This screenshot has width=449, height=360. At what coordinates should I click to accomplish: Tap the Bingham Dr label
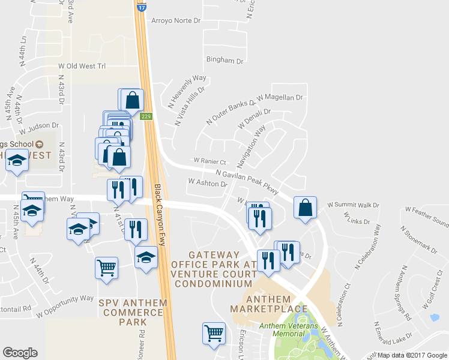click(224, 61)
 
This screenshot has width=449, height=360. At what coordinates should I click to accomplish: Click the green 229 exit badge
click(146, 116)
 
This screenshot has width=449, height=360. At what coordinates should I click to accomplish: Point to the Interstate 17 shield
click(141, 8)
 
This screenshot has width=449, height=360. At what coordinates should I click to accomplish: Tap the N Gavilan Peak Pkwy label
click(247, 181)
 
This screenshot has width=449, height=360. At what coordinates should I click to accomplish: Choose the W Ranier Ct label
click(209, 161)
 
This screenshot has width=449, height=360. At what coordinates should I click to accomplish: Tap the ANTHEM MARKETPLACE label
click(269, 304)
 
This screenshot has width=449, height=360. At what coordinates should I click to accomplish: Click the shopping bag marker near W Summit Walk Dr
click(306, 208)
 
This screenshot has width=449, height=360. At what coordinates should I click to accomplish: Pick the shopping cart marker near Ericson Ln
click(214, 334)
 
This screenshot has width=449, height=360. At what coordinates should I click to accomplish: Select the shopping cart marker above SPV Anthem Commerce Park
click(106, 267)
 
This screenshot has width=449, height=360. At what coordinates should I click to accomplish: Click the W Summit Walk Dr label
click(354, 205)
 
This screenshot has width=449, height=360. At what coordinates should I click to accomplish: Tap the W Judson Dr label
click(39, 127)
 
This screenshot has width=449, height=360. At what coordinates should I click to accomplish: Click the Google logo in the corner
click(20, 353)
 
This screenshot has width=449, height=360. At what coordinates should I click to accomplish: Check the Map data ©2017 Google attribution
click(412, 355)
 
